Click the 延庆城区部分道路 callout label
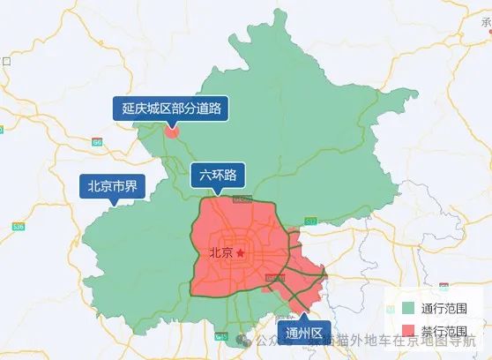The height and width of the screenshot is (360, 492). (171, 109)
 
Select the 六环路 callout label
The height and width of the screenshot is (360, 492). (218, 175)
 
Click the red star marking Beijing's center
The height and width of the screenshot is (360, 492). (238, 253)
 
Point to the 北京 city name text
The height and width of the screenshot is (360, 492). (220, 253)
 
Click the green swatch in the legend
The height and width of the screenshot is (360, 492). (407, 309)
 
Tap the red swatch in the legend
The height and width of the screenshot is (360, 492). (407, 330)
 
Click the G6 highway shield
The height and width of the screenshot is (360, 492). (97, 141)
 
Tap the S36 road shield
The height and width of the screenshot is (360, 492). (19, 227)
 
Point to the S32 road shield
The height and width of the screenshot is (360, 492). (309, 220)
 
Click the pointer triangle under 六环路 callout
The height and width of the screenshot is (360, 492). (218, 191)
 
